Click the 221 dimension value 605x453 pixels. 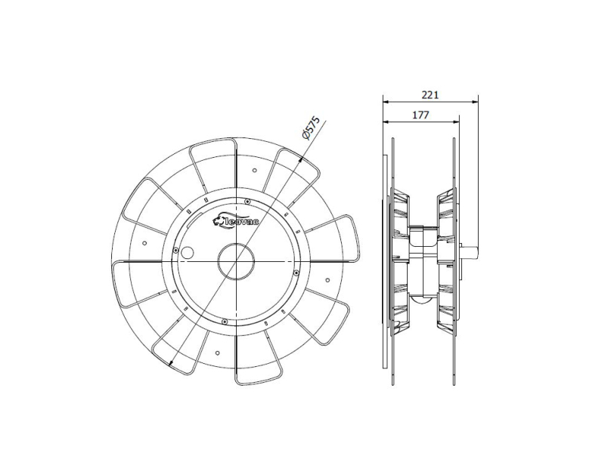[x=430, y=95]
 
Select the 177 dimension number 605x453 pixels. [x=420, y=115]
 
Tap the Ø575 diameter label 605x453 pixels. [x=311, y=128]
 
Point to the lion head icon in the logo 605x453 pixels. [x=219, y=220]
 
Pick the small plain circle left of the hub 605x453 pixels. [x=188, y=252]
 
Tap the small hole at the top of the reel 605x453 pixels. [x=254, y=171]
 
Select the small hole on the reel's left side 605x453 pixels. [x=144, y=242]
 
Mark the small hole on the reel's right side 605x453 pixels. [x=327, y=280]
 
